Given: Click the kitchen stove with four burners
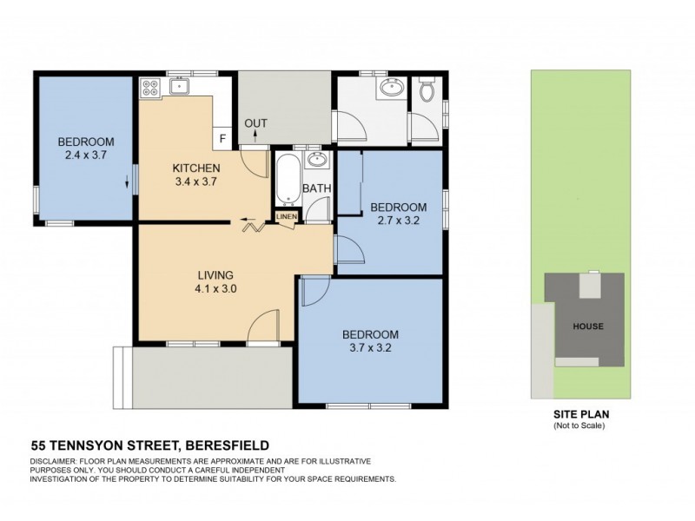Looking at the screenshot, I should coord(149,87).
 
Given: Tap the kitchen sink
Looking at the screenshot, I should coord(180,85).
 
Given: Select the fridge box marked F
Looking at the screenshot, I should coord(222,138).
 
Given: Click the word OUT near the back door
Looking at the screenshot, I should coord(255,123).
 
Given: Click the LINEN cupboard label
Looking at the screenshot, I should coord(286,216).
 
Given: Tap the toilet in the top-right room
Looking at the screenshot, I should coord(427,90).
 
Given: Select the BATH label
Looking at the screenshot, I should coord(314,188).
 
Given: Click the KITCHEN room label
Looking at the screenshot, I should coord(195,168).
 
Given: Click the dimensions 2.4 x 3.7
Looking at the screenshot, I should coord(85,157).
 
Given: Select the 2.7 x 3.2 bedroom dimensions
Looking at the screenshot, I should coord(398,221).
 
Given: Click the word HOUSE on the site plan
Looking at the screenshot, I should coord(588,326).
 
